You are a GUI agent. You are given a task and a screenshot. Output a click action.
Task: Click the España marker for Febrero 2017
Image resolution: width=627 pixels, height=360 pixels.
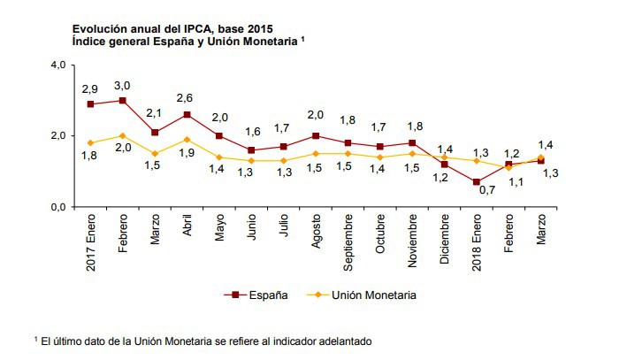[122, 100]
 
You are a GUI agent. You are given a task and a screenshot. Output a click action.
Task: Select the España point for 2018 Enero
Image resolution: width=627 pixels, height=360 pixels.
[476, 181]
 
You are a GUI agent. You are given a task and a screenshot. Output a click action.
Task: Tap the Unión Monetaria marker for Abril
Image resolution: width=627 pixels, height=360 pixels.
[187, 139]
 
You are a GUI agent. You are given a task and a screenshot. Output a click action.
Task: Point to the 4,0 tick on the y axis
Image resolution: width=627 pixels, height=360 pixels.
[58, 65]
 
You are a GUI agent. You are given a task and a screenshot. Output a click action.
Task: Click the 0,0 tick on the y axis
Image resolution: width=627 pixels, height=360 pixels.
[58, 207]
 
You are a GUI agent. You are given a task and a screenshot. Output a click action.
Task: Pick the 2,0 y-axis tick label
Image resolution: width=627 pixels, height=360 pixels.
[58, 135]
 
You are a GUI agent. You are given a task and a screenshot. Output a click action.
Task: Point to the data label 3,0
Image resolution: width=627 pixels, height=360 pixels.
[123, 85]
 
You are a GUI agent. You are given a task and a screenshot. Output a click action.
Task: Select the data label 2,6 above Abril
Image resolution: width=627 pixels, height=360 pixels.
[187, 98]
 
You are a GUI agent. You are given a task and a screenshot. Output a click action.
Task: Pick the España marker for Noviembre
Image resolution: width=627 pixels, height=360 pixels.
[411, 142]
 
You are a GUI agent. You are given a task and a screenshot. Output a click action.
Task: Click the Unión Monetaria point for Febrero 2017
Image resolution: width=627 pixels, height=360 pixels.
[122, 135]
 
